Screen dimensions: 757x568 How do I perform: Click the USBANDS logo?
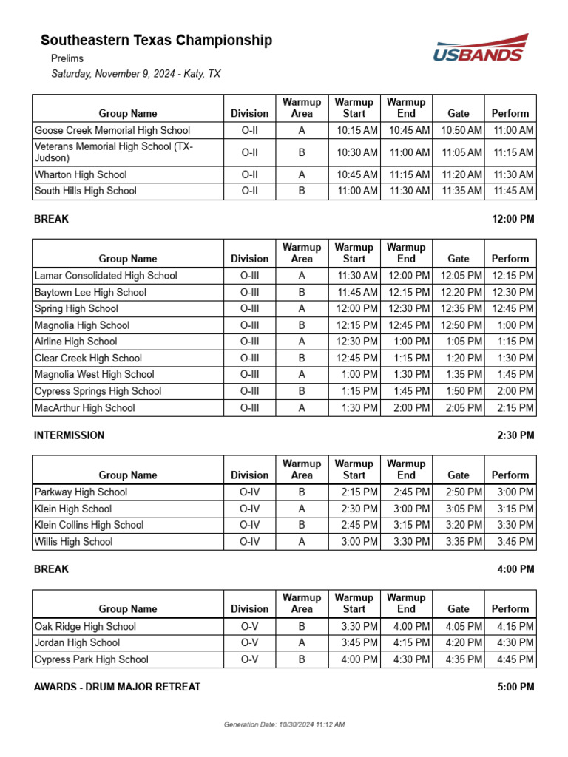click(480, 48)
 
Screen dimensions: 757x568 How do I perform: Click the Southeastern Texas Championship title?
click(156, 41)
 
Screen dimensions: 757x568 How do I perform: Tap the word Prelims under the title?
click(67, 58)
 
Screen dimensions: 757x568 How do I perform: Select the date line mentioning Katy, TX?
click(135, 74)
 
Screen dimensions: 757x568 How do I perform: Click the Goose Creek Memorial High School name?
click(112, 130)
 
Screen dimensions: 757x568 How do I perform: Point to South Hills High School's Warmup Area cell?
click(302, 191)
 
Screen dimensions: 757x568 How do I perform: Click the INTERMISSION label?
click(69, 435)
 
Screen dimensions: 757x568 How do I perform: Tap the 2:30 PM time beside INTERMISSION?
click(515, 435)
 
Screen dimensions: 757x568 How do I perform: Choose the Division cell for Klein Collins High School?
click(249, 525)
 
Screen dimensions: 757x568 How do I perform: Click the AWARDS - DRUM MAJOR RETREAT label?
click(117, 687)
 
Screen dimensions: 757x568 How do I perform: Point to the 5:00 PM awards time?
click(515, 687)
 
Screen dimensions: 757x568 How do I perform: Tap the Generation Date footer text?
click(284, 724)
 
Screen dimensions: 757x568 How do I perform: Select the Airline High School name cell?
click(76, 342)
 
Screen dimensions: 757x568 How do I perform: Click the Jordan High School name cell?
click(77, 643)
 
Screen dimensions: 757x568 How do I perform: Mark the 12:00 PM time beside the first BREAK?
click(513, 219)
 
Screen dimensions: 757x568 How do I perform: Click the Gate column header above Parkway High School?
click(459, 475)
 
